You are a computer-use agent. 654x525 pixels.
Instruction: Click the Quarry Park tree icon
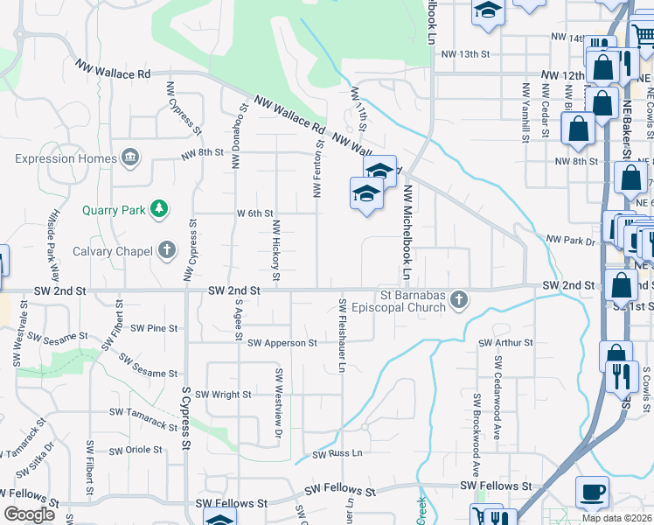[x=158, y=209]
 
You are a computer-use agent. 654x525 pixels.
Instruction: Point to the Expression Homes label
[x=66, y=158]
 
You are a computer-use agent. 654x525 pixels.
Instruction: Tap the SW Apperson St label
[x=282, y=344]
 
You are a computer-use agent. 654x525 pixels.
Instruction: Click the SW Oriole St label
[x=132, y=450]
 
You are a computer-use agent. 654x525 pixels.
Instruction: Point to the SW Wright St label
[x=223, y=395]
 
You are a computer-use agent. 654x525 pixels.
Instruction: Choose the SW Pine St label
[x=154, y=329]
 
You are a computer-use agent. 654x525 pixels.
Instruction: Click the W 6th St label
[x=255, y=213]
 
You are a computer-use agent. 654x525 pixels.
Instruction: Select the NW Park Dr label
[x=570, y=240]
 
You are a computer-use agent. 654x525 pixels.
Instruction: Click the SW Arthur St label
[x=505, y=343]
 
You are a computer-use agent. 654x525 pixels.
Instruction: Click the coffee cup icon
[x=593, y=492]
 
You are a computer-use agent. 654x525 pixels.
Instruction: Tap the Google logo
[x=29, y=514]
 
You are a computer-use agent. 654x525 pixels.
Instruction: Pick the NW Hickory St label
[x=275, y=250]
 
